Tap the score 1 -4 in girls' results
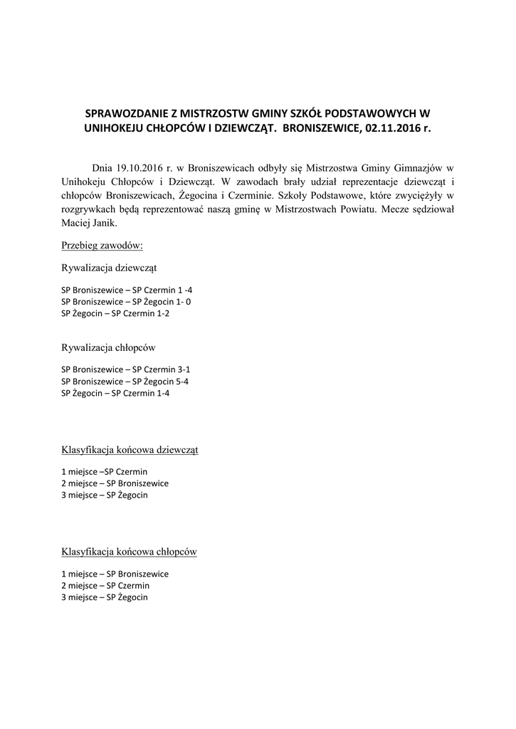(x=184, y=290)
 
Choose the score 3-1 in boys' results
(x=184, y=370)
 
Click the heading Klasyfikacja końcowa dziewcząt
(x=130, y=450)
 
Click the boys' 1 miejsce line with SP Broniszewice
(x=115, y=574)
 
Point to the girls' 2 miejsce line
(x=115, y=483)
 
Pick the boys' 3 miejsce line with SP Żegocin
(x=105, y=597)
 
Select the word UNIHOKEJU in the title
(x=114, y=130)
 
